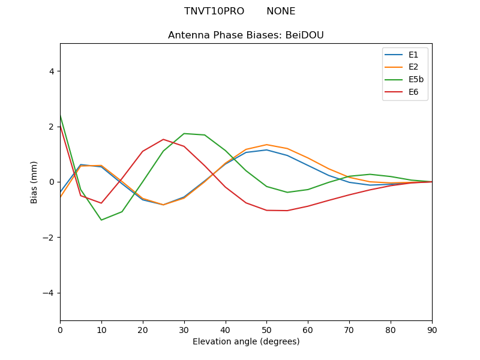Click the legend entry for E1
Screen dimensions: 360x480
pos(413,55)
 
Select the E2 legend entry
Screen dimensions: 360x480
pos(413,67)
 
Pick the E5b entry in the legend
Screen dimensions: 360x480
pos(416,80)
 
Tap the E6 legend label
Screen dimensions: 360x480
pos(413,92)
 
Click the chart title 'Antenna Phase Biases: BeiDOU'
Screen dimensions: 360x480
pos(246,35)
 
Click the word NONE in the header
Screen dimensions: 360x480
pos(281,11)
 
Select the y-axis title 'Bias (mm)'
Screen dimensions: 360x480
pos(34,182)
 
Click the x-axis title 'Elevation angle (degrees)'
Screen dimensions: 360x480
pos(246,342)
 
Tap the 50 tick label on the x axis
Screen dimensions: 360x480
pos(266,329)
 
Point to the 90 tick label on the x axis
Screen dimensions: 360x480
pos(432,329)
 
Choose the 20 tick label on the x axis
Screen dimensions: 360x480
pos(143,329)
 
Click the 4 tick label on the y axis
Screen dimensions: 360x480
pos(51,71)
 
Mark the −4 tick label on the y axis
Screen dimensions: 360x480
pos(49,293)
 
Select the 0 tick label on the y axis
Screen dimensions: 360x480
pos(51,182)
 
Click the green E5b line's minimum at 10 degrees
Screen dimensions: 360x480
pos(101,220)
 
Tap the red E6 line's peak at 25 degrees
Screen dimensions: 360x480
pos(163,139)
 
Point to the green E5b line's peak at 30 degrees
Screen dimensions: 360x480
pos(184,133)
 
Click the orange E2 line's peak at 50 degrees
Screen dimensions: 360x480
pos(266,145)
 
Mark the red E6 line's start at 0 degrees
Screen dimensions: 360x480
pos(61,127)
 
